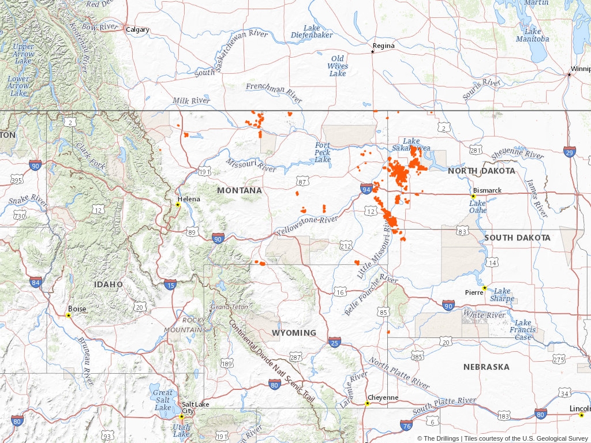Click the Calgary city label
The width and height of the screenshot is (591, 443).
click(137, 30)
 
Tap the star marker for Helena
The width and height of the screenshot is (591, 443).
click(178, 205)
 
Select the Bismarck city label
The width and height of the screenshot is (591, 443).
click(487, 190)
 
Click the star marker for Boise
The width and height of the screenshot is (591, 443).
click(68, 315)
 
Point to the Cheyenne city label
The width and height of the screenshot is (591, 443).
click(383, 397)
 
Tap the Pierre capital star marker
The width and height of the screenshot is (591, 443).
click(485, 288)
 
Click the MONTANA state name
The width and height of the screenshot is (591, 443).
click(239, 190)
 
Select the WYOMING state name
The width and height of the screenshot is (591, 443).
click(294, 333)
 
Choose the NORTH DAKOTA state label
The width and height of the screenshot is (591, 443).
click(481, 171)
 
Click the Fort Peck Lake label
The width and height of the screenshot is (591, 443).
click(323, 152)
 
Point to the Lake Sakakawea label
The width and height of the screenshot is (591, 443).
click(412, 145)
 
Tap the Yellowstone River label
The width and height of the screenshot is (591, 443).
click(306, 226)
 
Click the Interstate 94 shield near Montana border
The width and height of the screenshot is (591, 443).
click(366, 189)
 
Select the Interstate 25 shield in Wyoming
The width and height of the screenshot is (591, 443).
click(334, 342)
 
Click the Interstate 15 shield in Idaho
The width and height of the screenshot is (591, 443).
click(170, 284)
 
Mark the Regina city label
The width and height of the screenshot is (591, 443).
click(384, 46)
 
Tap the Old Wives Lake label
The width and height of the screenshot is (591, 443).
click(338, 66)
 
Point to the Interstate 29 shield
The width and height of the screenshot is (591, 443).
click(570, 152)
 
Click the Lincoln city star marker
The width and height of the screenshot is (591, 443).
click(581, 415)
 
